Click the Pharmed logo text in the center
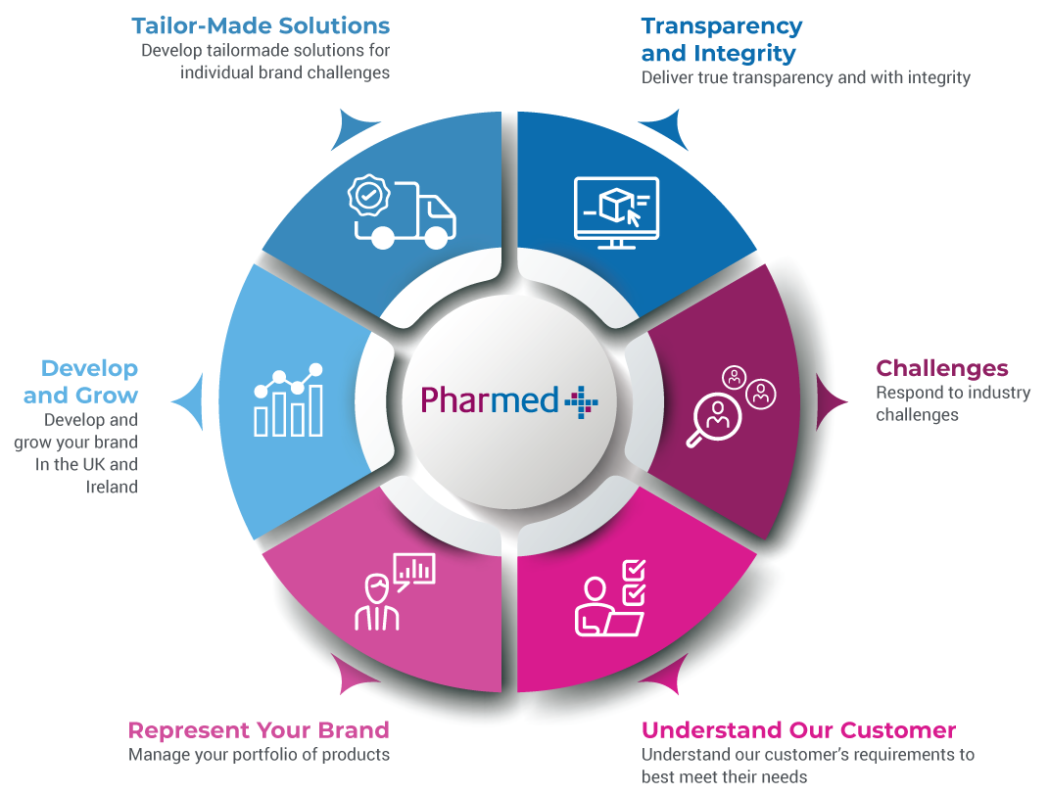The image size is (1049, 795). [490, 399]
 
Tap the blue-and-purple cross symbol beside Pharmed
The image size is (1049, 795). [581, 399]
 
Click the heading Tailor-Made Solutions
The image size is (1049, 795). [261, 25]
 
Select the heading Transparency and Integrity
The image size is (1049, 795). [722, 39]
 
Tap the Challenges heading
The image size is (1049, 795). [941, 368]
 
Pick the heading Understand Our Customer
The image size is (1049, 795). [798, 729]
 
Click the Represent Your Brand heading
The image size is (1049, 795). [259, 729]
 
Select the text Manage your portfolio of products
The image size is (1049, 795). [259, 755]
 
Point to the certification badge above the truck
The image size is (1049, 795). [365, 197]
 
